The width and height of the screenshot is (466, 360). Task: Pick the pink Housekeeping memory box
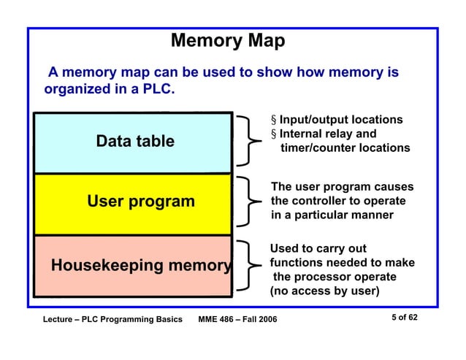pyautogui.click(x=134, y=266)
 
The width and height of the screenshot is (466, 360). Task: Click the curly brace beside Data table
pyautogui.click(x=249, y=141)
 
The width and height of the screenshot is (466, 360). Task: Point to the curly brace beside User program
pyautogui.click(x=249, y=200)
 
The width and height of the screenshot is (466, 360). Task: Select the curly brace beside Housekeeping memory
pyautogui.click(x=249, y=264)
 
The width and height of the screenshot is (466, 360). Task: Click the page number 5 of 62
pyautogui.click(x=402, y=318)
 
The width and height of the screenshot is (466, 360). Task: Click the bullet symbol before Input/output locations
pyautogui.click(x=274, y=120)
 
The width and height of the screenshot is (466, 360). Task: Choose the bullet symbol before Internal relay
pyautogui.click(x=274, y=134)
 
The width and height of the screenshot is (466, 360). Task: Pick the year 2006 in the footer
pyautogui.click(x=266, y=321)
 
